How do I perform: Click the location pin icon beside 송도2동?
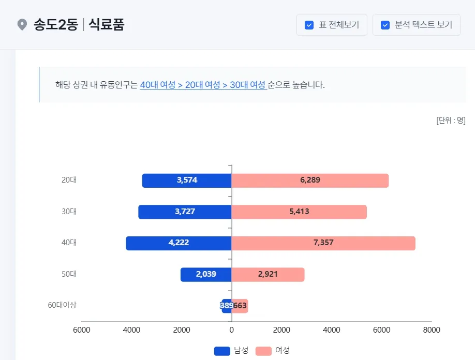[22, 25]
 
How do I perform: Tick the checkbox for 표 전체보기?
[309, 25]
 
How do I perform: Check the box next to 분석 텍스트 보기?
[385, 25]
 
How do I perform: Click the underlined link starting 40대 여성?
[203, 85]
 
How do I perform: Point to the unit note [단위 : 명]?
[451, 121]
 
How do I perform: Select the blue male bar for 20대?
[186, 181]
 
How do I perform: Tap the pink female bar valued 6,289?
[309, 181]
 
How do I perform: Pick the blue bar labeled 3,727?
[184, 212]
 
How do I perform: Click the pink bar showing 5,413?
[299, 212]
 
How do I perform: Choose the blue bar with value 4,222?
[178, 243]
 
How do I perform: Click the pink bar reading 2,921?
[268, 274]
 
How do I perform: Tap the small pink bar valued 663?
[241, 306]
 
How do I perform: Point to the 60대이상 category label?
[62, 305]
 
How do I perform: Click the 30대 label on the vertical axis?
[69, 212]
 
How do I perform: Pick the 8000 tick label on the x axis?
[431, 330]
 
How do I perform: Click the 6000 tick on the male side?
[82, 330]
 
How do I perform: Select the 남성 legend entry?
[231, 351]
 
